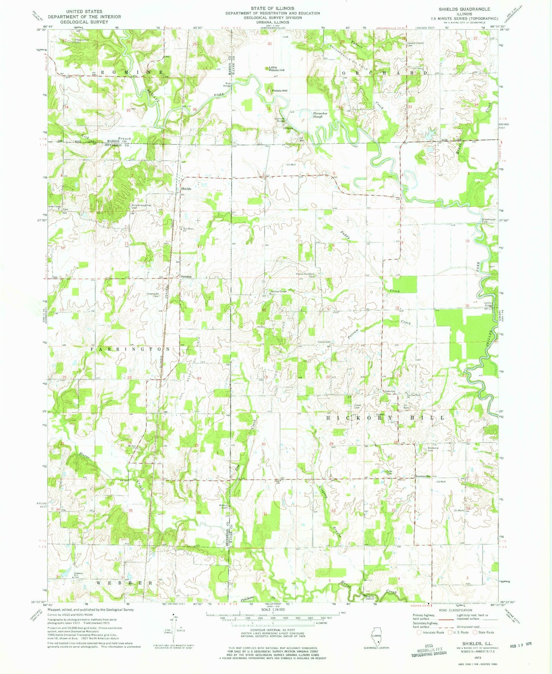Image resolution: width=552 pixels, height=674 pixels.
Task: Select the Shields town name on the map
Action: (x=186, y=189)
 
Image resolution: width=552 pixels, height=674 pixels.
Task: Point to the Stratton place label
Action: (x=186, y=276)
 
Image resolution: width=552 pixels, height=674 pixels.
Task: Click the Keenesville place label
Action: (x=423, y=476)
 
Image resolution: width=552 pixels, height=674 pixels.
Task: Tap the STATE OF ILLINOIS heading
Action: (x=272, y=8)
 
